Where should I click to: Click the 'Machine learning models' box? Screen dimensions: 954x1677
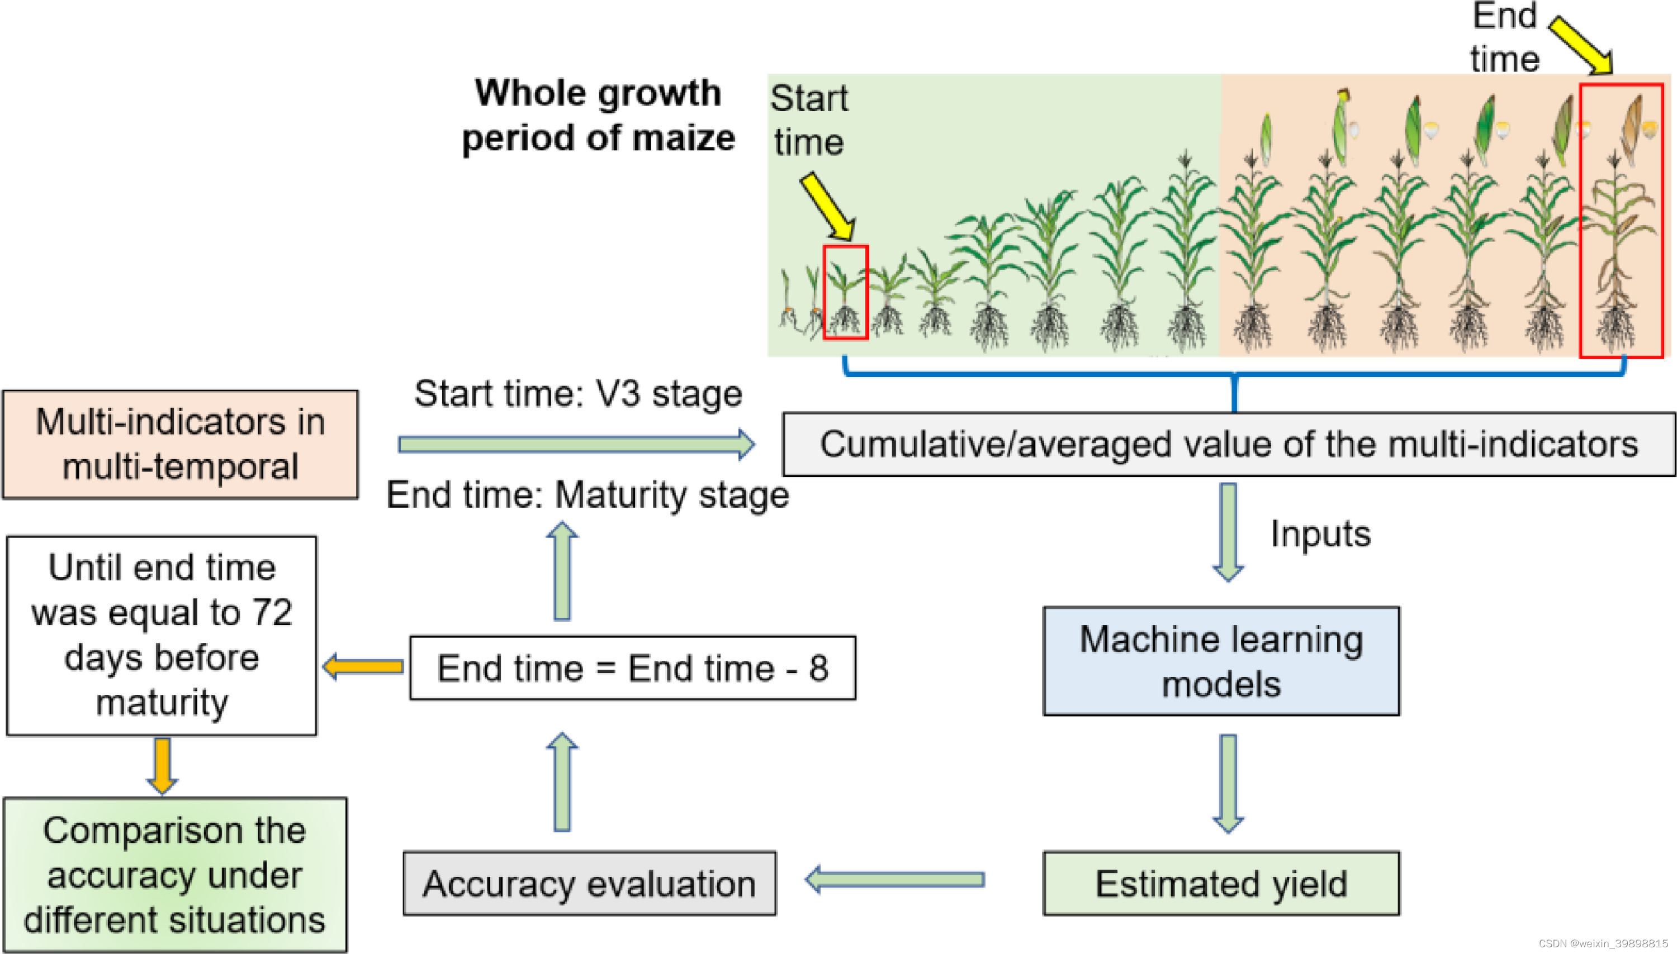click(1221, 661)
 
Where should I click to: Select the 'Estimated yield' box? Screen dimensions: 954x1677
click(1221, 883)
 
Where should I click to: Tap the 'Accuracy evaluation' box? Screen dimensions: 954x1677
click(589, 883)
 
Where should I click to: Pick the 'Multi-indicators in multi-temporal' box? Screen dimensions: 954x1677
click(181, 444)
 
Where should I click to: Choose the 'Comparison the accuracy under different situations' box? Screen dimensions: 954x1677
click(175, 875)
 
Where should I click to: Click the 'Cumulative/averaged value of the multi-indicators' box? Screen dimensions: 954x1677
click(1229, 444)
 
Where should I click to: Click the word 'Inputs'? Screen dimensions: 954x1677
click(1320, 534)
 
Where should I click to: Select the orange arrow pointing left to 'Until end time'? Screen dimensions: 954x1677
click(363, 667)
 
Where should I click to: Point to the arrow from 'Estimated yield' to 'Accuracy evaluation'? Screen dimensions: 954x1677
click(895, 879)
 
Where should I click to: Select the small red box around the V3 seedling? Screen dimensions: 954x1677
click(846, 292)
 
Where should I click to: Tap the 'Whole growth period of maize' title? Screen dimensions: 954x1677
click(598, 115)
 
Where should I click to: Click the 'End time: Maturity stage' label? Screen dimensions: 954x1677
click(588, 495)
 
